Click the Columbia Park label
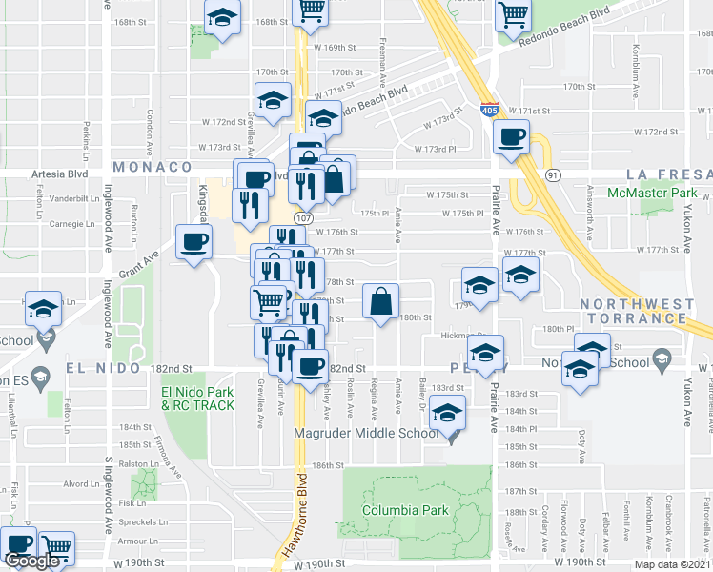(405, 510)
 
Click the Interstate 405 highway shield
(489, 112)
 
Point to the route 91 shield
(552, 175)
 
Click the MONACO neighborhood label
(153, 167)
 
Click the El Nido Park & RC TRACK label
(197, 398)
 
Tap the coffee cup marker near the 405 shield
(512, 136)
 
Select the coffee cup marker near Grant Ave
(194, 241)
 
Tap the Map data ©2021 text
(671, 564)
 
